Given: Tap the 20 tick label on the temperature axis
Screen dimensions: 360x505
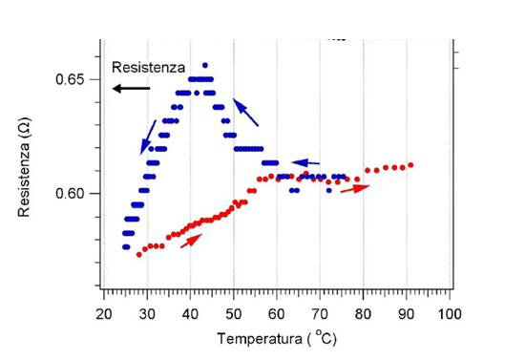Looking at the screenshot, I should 104,313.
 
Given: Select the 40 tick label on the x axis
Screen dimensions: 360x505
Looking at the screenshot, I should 190,313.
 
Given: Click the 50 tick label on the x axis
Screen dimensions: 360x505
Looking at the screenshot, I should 234,313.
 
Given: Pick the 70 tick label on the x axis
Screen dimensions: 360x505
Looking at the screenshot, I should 320,313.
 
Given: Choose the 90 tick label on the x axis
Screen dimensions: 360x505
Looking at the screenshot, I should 406,313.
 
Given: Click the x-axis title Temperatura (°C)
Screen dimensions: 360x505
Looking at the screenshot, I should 277,338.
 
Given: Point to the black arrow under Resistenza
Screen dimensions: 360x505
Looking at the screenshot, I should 131,88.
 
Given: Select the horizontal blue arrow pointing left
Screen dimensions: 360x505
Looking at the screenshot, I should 305,162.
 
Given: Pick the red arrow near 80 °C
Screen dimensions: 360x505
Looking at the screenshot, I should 354,188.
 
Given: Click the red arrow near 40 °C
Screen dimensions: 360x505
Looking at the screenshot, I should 191,240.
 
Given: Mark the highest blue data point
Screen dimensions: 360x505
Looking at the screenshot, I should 204,65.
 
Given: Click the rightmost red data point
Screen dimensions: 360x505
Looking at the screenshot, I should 410,165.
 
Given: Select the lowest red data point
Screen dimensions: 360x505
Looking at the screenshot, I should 138,255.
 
